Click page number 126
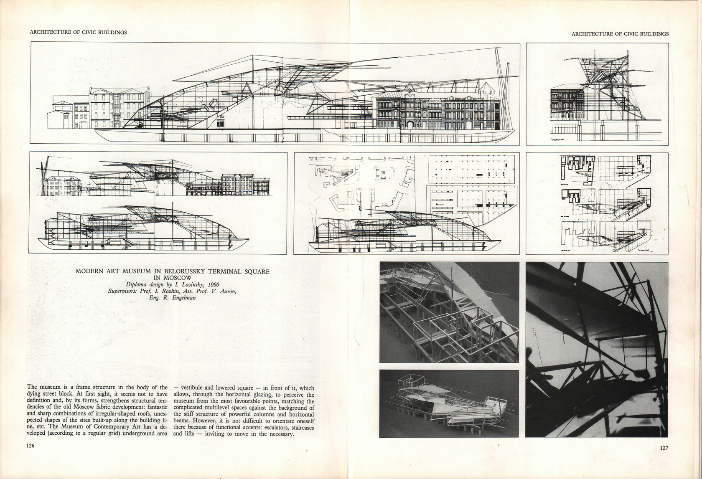(x=30, y=446)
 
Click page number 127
(x=664, y=448)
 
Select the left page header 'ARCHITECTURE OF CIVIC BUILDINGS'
(x=79, y=32)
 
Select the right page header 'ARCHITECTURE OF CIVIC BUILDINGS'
(x=620, y=34)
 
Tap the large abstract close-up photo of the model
(x=596, y=349)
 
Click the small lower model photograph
(x=449, y=403)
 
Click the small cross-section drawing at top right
(x=597, y=95)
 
